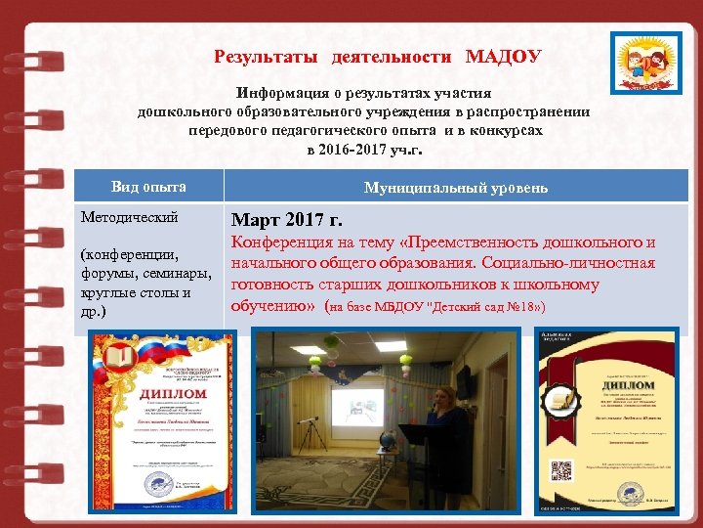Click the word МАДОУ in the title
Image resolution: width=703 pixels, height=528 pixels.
pyautogui.click(x=503, y=56)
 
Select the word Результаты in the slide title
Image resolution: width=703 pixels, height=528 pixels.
pyautogui.click(x=266, y=56)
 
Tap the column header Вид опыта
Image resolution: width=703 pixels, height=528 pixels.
pyautogui.click(x=148, y=187)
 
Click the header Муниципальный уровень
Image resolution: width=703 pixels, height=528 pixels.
pyautogui.click(x=455, y=187)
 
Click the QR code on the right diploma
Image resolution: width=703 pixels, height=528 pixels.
pyautogui.click(x=563, y=470)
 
